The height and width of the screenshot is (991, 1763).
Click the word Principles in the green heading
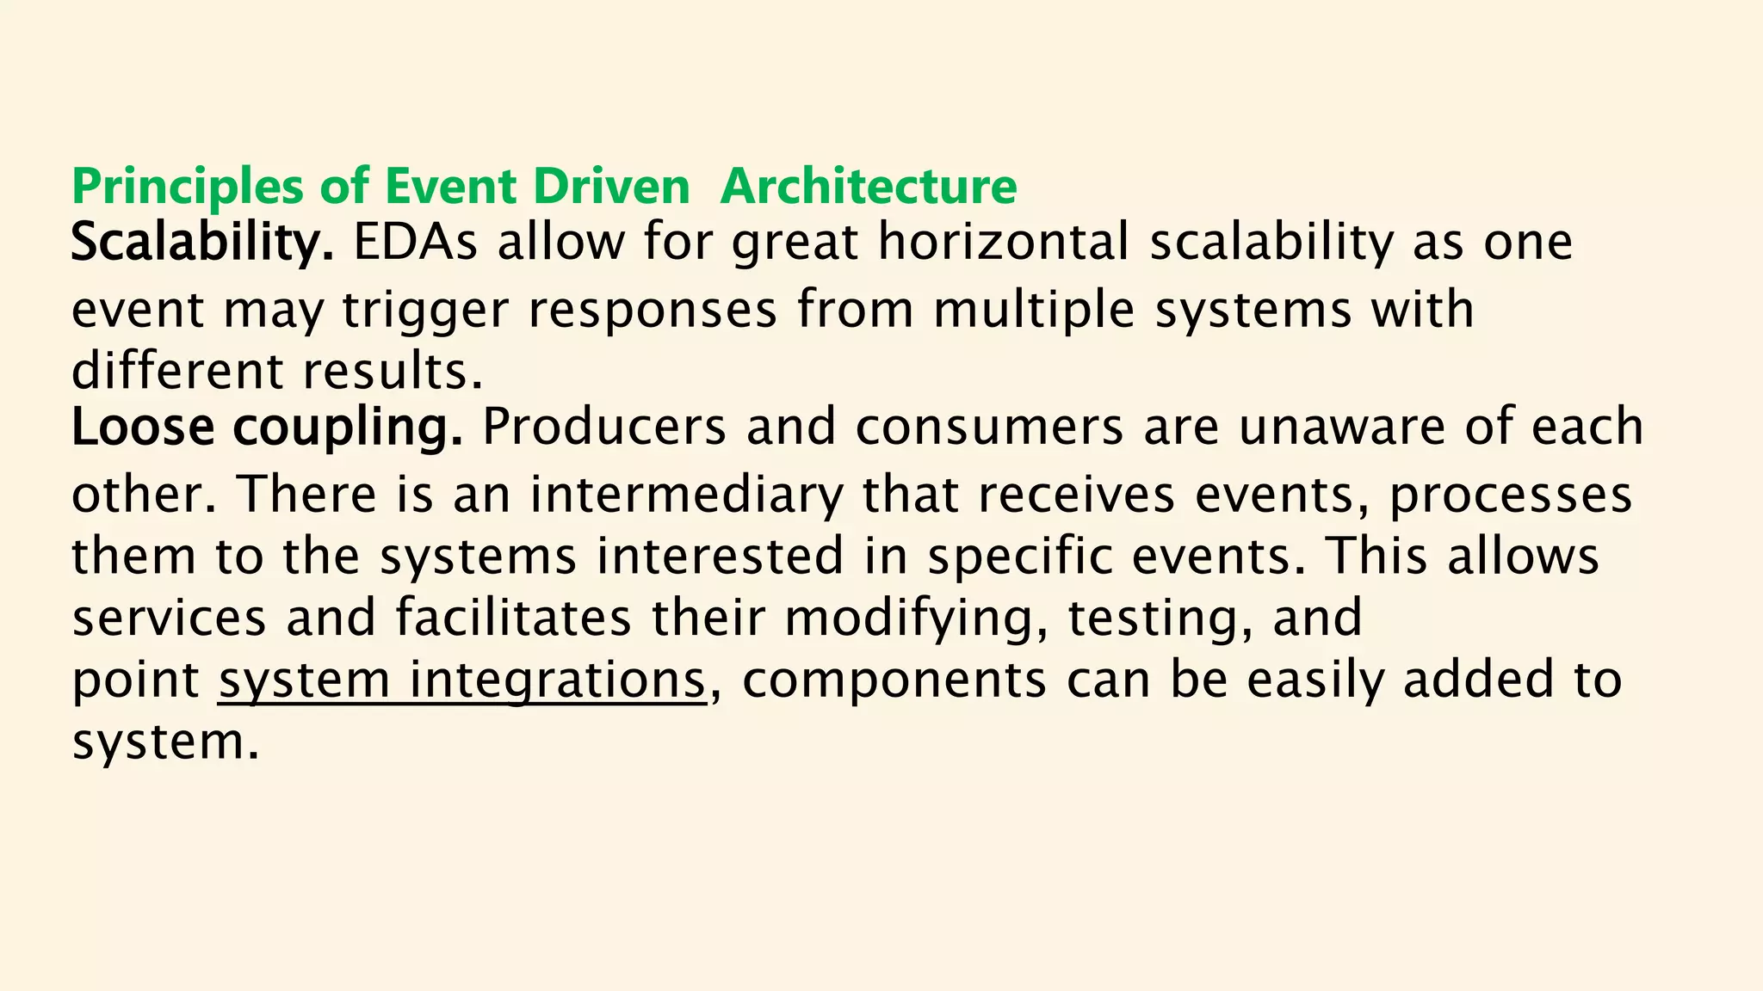pyautogui.click(x=187, y=187)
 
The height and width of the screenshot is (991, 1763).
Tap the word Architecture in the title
pyautogui.click(x=868, y=187)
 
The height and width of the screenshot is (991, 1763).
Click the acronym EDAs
pyautogui.click(x=415, y=243)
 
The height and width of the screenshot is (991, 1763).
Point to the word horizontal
pyautogui.click(x=1003, y=243)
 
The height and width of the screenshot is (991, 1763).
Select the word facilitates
pyautogui.click(x=514, y=618)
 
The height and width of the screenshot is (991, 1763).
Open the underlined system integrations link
pyautogui.click(x=461, y=680)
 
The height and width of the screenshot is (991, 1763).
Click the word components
pyautogui.click(x=894, y=680)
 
